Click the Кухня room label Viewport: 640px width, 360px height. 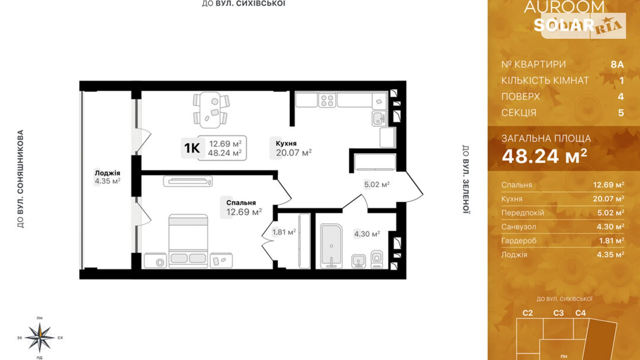coord(286,143)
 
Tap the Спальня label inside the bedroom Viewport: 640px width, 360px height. coord(241,203)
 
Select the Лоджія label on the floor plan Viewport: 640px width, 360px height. coord(107,173)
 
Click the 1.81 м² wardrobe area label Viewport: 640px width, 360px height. coord(284,232)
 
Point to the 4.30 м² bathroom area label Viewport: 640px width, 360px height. coord(367,234)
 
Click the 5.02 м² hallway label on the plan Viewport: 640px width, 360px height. coord(377,184)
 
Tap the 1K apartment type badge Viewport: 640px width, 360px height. coord(192,148)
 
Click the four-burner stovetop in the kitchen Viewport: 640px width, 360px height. coord(327,100)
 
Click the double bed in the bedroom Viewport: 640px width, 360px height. coord(188,241)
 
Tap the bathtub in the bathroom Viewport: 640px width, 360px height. coord(331,246)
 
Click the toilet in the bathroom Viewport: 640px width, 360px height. coord(377,259)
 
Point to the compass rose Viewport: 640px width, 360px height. coord(40,337)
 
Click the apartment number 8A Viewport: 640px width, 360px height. coord(617,64)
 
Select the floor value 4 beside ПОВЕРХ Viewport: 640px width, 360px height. coord(621,97)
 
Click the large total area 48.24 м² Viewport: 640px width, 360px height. coord(545,156)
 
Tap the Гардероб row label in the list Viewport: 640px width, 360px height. coord(519,241)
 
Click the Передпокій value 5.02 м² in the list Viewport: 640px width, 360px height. coord(611,213)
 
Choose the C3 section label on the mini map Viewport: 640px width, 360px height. coord(558,313)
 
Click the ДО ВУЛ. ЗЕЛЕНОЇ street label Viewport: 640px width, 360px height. coord(466,179)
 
